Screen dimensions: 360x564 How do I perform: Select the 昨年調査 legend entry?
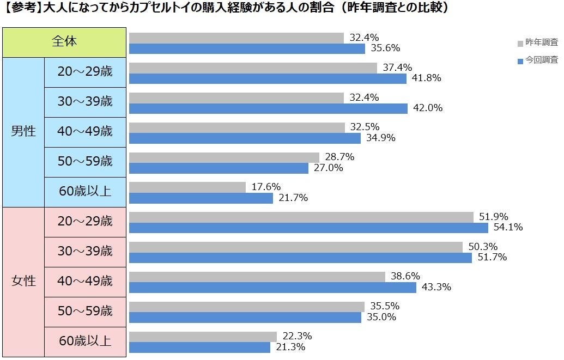537,42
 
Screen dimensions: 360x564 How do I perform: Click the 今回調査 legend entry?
537,60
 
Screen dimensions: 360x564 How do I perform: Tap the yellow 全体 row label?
64,41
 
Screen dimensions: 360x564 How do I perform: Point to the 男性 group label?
23,131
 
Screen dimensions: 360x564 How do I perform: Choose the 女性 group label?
23,281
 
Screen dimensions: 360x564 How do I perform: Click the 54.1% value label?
508,227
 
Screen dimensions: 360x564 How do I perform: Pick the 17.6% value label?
266,187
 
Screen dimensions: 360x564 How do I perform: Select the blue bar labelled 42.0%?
268,108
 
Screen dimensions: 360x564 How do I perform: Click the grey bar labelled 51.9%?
301,217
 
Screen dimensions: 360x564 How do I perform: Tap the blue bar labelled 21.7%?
201,198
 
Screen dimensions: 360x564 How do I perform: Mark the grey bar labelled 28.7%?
224,157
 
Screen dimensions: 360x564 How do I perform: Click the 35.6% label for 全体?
385,48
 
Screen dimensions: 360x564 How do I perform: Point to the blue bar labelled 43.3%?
272,287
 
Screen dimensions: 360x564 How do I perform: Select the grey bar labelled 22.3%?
203,337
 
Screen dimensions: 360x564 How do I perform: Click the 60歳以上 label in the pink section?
85,341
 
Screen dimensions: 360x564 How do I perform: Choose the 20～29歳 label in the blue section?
85,71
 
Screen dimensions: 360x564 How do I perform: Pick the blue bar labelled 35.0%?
245,317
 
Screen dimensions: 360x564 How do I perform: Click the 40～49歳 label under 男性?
85,131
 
